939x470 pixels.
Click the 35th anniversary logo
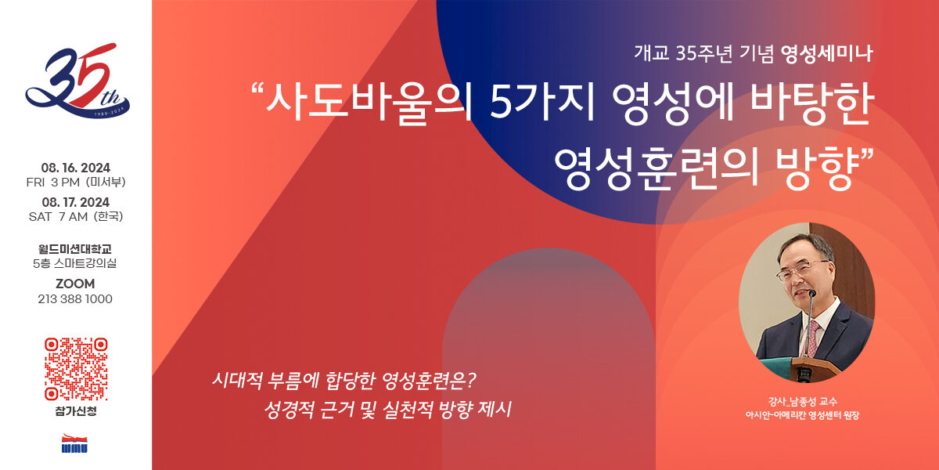(x=77, y=81)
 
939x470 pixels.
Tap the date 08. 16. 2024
(x=75, y=168)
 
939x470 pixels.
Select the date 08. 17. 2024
(x=75, y=202)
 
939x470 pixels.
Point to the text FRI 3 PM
(x=53, y=182)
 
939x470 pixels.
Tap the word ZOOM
(x=75, y=284)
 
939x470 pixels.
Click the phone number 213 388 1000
(x=75, y=298)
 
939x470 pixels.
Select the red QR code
(x=76, y=369)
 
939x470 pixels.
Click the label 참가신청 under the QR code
(x=76, y=410)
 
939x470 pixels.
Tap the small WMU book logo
(x=74, y=443)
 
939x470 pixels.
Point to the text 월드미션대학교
(x=75, y=249)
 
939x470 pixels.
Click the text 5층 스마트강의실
(x=75, y=263)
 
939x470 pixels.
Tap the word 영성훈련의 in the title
(x=657, y=168)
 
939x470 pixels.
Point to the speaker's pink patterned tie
(x=813, y=338)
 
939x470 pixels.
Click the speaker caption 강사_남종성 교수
(x=802, y=402)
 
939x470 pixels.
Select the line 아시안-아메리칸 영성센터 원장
(x=802, y=415)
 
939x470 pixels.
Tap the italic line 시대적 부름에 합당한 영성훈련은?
(x=344, y=381)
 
